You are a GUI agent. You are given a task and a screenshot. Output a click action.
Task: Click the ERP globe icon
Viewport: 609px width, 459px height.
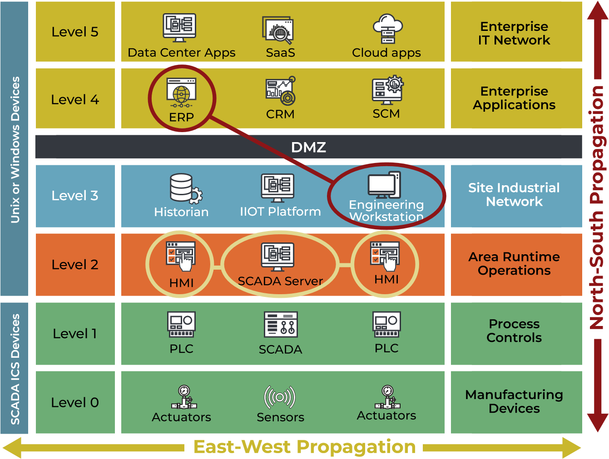[181, 93]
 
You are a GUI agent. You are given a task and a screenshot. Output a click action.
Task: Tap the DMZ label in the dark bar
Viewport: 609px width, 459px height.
[308, 147]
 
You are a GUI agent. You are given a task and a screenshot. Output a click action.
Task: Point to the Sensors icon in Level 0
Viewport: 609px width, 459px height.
[280, 397]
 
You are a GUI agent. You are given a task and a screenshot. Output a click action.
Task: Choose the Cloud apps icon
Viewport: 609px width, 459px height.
[387, 29]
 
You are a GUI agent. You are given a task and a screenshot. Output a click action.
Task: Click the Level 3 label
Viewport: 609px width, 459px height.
[75, 196]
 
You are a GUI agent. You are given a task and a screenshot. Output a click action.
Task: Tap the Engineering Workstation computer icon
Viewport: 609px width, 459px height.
[384, 185]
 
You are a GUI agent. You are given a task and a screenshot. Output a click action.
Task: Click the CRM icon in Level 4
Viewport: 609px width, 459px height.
[281, 91]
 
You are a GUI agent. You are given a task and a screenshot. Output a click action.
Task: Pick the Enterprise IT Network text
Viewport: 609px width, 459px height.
[514, 33]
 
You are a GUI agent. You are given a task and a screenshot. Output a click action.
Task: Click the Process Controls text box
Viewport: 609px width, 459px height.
[514, 331]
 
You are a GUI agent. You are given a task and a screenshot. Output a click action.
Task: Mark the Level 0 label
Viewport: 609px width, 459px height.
[75, 403]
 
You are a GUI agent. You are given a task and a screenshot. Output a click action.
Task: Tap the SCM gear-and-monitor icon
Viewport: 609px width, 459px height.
[387, 90]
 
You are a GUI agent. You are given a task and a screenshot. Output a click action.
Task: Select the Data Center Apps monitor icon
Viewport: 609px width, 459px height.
[180, 27]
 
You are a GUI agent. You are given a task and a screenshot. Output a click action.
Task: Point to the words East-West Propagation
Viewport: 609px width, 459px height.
[304, 447]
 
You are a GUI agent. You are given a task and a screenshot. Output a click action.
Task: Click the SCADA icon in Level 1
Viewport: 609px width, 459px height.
[281, 324]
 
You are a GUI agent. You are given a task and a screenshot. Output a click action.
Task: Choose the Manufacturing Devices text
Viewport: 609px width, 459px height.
[514, 401]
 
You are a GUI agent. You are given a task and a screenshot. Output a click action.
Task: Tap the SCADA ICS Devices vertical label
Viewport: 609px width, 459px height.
[15, 369]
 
